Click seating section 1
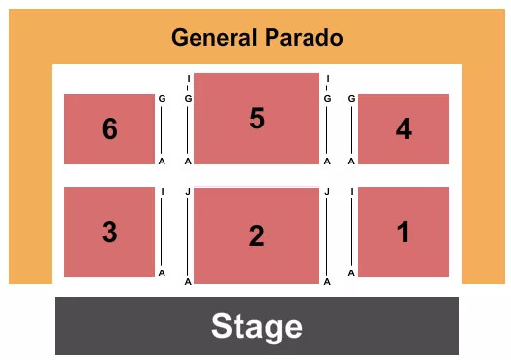404,232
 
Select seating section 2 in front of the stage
256,235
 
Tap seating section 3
109,232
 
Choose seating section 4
404,128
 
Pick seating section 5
256,118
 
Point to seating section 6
109,128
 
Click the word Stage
257,326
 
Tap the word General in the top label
213,39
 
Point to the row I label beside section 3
163,192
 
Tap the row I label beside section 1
351,192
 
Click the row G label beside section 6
163,99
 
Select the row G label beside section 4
351,99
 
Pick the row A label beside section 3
162,273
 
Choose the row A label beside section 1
351,273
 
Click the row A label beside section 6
162,162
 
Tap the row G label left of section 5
187,99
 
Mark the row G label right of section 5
328,99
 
